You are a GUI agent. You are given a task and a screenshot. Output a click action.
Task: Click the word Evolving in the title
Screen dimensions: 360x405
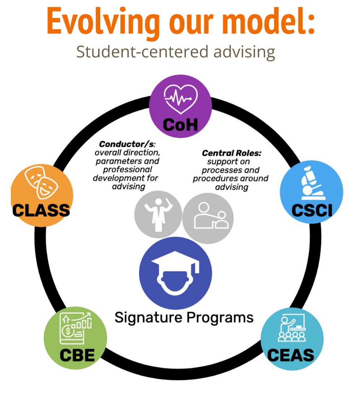tap(103, 22)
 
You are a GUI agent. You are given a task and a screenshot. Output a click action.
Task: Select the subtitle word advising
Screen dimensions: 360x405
tap(244, 52)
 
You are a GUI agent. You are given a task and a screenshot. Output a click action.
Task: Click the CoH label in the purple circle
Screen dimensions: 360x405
tap(180, 125)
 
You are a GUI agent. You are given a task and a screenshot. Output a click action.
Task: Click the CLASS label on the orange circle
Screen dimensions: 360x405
tap(41, 210)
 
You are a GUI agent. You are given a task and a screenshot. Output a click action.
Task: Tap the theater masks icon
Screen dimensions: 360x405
tap(41, 182)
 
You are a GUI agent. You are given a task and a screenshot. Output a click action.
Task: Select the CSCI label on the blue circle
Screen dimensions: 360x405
tap(312, 210)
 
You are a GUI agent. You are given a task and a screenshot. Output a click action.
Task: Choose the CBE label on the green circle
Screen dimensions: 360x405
tap(77, 355)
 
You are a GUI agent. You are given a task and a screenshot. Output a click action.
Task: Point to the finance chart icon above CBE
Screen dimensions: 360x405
tap(76, 328)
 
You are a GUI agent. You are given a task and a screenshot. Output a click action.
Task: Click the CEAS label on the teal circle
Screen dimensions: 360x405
tap(291, 355)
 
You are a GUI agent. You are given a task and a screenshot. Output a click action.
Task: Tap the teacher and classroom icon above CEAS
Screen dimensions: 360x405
tap(292, 328)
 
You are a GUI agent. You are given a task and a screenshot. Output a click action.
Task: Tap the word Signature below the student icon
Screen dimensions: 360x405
tap(149, 318)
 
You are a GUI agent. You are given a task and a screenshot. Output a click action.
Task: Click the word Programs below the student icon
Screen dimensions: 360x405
tap(220, 318)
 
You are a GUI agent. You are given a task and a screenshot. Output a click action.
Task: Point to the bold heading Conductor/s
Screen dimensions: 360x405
tap(127, 144)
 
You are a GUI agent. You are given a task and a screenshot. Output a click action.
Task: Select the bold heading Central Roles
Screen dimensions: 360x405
tap(232, 153)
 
